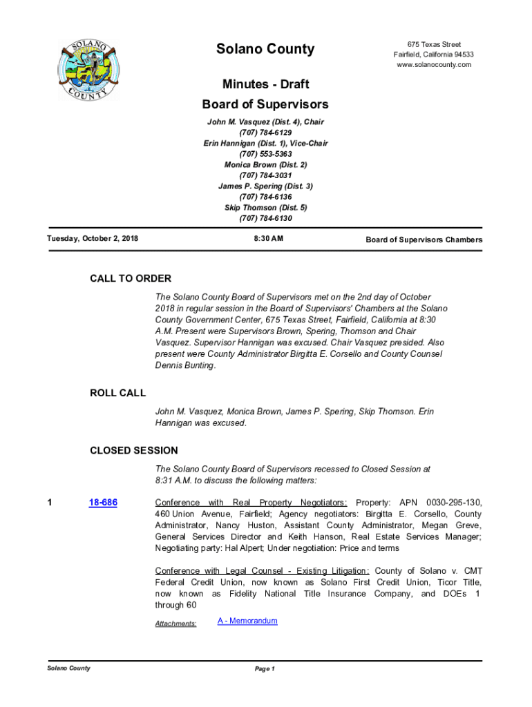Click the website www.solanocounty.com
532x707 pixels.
(433, 65)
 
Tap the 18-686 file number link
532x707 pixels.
(103, 503)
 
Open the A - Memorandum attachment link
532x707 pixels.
(247, 621)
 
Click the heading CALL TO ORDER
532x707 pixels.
(131, 279)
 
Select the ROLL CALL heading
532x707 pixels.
(117, 394)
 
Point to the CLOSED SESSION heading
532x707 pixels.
(133, 451)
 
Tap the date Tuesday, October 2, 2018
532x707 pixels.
(93, 239)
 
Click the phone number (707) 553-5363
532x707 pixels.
(265, 154)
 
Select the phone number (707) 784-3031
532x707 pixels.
(265, 175)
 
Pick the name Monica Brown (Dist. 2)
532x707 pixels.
(265, 165)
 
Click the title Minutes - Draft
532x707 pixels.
(265, 84)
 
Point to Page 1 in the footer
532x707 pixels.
(265, 669)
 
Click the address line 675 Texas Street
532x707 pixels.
(434, 44)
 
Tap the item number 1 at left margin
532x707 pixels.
(50, 503)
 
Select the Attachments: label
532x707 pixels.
(175, 624)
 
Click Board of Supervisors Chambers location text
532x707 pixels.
(424, 240)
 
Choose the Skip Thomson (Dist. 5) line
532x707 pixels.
(265, 208)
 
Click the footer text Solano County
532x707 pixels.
(68, 668)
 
